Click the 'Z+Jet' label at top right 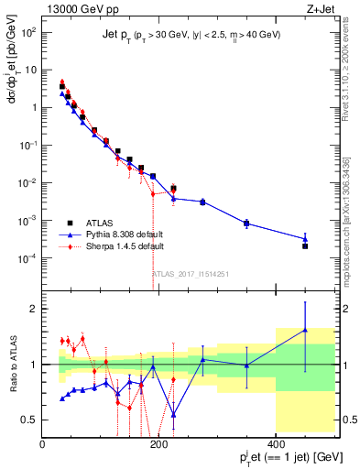(x=318, y=8)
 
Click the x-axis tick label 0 (x=44, y=444)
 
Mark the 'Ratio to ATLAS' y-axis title (x=12, y=364)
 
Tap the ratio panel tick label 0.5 (x=29, y=420)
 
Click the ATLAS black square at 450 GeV (x=305, y=246)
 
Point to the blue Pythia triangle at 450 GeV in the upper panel (x=305, y=238)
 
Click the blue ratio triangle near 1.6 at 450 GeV (x=305, y=330)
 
